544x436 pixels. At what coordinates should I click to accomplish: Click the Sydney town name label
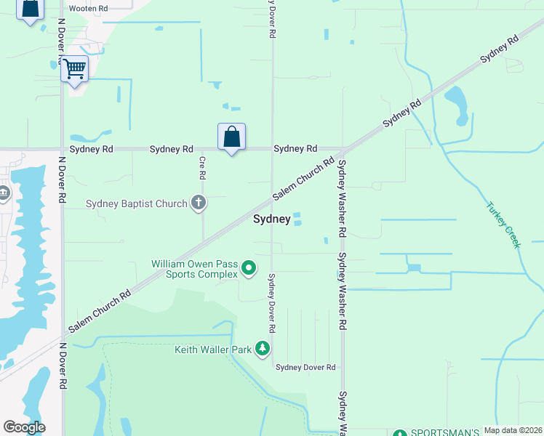272,219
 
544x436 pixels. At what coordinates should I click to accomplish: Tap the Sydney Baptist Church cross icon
199,203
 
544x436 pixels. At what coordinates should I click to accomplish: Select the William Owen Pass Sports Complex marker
249,269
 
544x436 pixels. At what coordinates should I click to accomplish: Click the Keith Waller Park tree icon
263,350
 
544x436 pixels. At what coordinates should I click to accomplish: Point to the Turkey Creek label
503,224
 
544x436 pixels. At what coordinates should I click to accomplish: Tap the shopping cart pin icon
74,69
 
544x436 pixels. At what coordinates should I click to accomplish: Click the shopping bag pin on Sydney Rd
231,136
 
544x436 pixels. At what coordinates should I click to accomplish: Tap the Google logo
24,427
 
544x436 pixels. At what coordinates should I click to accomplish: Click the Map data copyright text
512,430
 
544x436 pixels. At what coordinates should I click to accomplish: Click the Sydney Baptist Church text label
137,203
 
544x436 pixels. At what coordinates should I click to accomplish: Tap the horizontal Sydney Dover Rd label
305,368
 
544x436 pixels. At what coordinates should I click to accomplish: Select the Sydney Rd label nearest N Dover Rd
92,149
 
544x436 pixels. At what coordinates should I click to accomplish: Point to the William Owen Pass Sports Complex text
194,269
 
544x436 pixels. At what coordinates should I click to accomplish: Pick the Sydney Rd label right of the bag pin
295,149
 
